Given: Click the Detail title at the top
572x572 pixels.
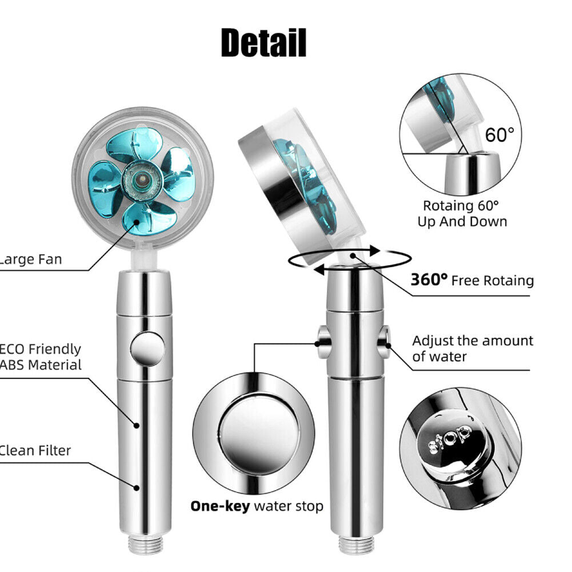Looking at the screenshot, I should tap(263, 42).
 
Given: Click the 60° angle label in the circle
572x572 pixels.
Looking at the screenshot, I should tap(499, 135).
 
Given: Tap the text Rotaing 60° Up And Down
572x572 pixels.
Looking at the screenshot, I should tap(462, 213).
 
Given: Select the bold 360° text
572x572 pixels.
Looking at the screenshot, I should tap(429, 280).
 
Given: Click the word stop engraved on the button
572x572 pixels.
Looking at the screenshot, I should tap(450, 439).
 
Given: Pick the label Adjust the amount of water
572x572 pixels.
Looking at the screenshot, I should tap(472, 349).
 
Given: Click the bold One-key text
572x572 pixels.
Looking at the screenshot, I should tap(220, 506).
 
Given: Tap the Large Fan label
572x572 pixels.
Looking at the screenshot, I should tap(31, 260).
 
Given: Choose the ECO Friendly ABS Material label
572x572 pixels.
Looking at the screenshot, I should tap(41, 357).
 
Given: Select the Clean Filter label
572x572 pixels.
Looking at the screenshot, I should tap(35, 450).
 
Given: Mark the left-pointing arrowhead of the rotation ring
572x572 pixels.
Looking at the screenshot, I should tap(320, 269).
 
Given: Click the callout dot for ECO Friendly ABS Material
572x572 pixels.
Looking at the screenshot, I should tap(137, 425).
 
